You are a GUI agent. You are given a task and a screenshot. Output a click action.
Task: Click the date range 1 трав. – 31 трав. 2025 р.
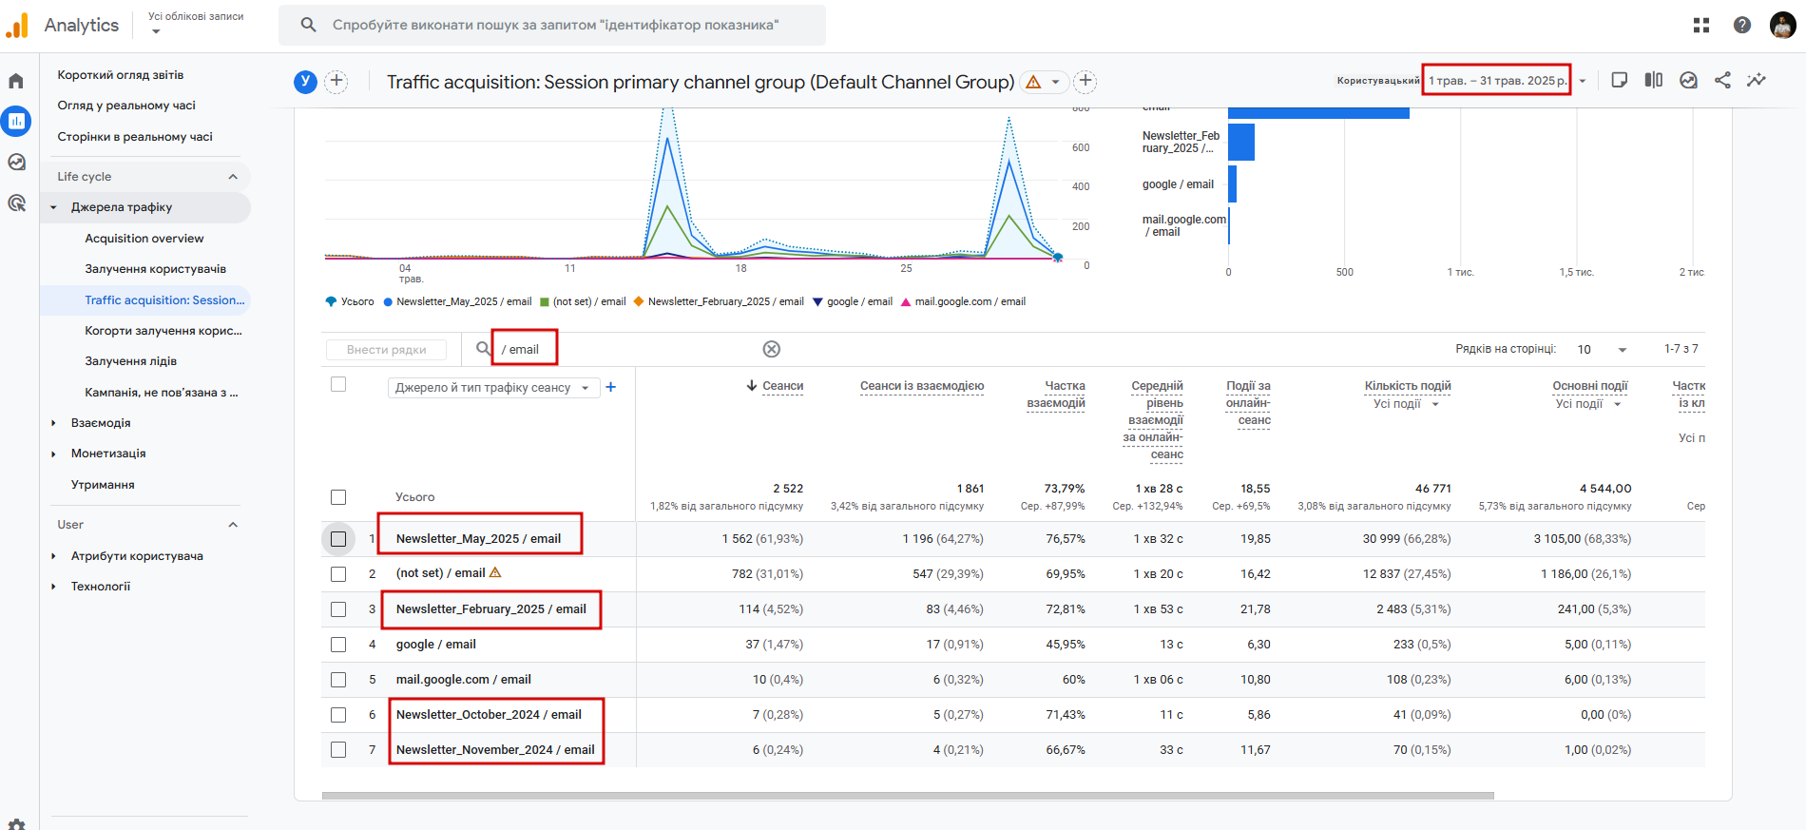pyautogui.click(x=1496, y=81)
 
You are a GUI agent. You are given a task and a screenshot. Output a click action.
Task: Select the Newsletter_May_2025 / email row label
pyautogui.click(x=478, y=539)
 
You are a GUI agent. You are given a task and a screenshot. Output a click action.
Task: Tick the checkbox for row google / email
pyautogui.click(x=338, y=645)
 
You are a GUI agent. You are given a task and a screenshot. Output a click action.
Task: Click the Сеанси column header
pyautogui.click(x=782, y=386)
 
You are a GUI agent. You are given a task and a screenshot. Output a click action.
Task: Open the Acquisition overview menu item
pyautogui.click(x=144, y=239)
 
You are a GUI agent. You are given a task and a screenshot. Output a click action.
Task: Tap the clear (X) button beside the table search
pyautogui.click(x=772, y=349)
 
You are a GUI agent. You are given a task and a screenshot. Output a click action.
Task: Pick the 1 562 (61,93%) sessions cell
pyautogui.click(x=762, y=539)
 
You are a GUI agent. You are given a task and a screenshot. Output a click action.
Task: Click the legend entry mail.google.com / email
pyautogui.click(x=970, y=301)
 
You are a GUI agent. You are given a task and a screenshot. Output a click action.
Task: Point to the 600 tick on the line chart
pyautogui.click(x=1081, y=147)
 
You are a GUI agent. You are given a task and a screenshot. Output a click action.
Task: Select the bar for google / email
pyautogui.click(x=1232, y=184)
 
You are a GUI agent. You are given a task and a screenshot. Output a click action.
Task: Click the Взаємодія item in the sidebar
pyautogui.click(x=101, y=423)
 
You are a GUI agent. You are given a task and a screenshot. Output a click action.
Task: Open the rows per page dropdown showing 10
pyautogui.click(x=1603, y=350)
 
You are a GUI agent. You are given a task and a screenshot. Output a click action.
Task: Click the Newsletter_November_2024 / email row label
pyautogui.click(x=495, y=750)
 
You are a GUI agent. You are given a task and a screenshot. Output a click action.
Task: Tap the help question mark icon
pyautogui.click(x=1742, y=26)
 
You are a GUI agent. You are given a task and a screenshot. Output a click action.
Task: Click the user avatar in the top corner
pyautogui.click(x=1782, y=26)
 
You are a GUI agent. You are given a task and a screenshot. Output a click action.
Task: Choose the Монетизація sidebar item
pyautogui.click(x=108, y=454)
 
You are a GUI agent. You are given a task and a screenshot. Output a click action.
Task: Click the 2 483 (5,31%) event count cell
pyautogui.click(x=1413, y=609)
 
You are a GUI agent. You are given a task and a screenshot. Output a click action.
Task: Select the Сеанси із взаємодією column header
pyautogui.click(x=921, y=386)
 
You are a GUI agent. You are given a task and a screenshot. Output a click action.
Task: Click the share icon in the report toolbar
pyautogui.click(x=1722, y=81)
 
